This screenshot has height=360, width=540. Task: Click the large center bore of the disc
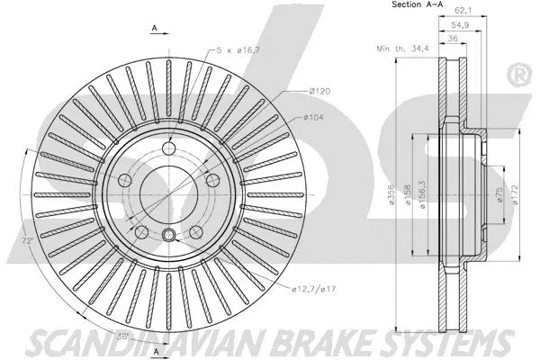coord(167,193)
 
